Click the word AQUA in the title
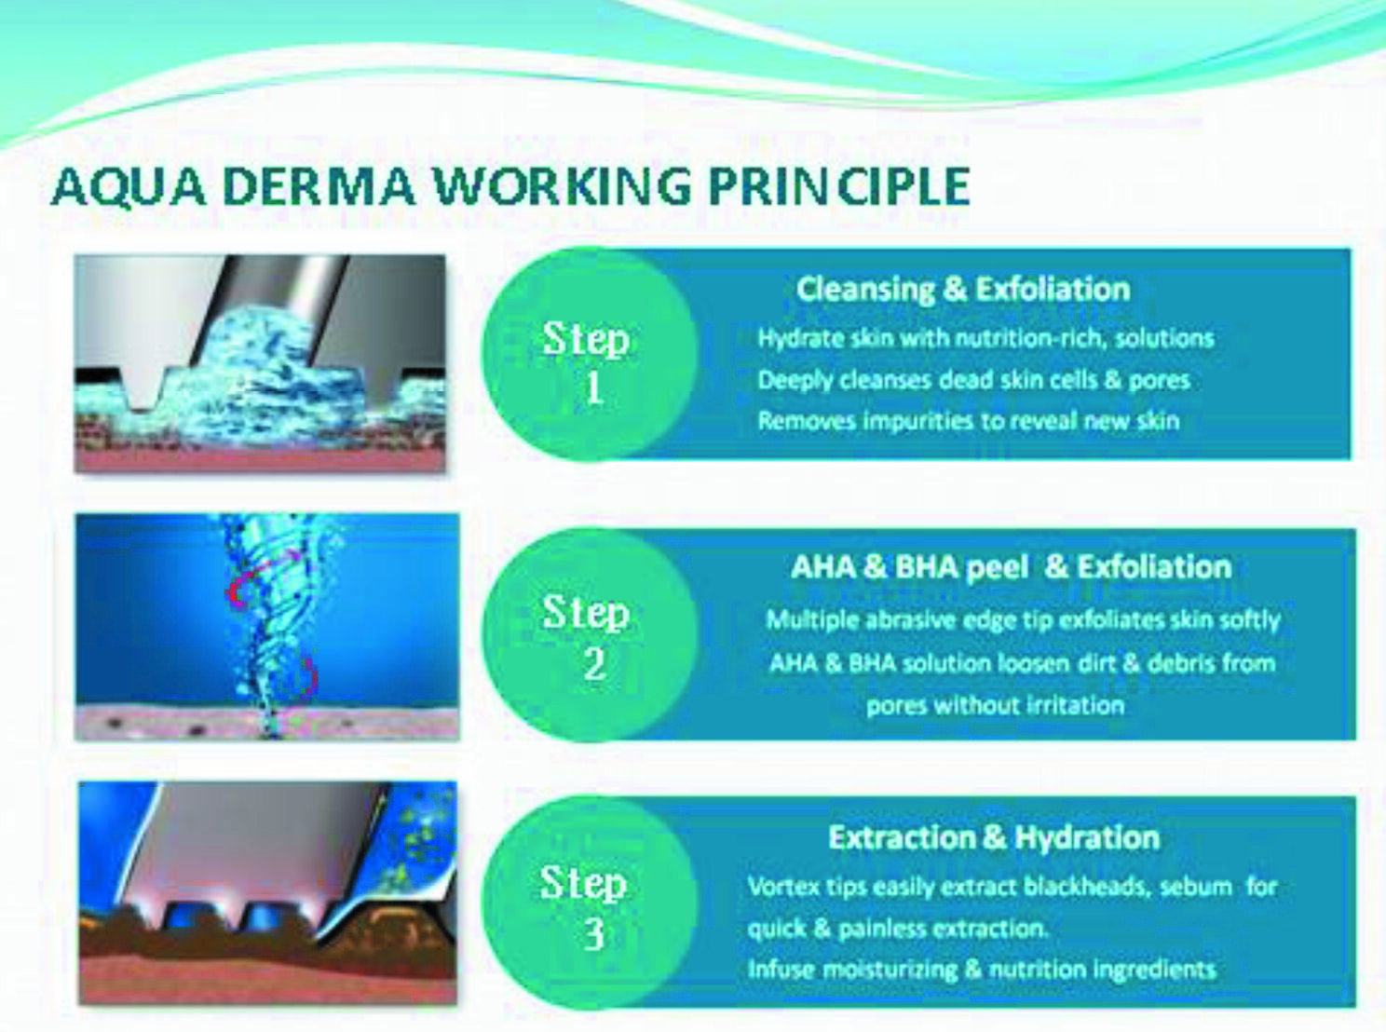[129, 186]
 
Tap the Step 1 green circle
[589, 354]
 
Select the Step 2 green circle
[589, 634]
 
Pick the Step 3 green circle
[589, 903]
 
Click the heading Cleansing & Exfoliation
[963, 290]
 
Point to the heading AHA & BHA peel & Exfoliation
[1011, 567]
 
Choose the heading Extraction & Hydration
[994, 837]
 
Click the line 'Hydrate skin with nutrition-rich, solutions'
[985, 339]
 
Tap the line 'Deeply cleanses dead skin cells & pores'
[973, 380]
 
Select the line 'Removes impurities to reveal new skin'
[969, 421]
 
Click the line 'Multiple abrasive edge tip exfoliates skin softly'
[1023, 620]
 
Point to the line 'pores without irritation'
[996, 706]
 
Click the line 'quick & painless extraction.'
[897, 929]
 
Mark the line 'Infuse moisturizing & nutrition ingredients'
[982, 970]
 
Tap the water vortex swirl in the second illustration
[273, 625]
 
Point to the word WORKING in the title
[563, 186]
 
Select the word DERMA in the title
[319, 186]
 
